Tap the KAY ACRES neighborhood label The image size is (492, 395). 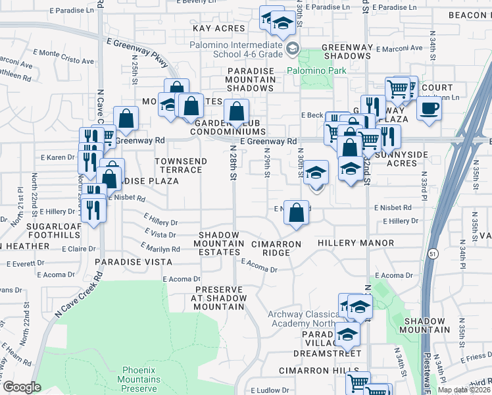pyautogui.click(x=219, y=28)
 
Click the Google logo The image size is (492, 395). pyautogui.click(x=22, y=387)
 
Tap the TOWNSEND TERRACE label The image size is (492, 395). pyautogui.click(x=181, y=165)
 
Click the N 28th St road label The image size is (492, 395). pyautogui.click(x=233, y=168)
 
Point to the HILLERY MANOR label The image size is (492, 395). pyautogui.click(x=356, y=243)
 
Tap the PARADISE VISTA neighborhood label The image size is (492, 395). pyautogui.click(x=128, y=261)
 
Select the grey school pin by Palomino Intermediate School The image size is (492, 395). pyautogui.click(x=293, y=47)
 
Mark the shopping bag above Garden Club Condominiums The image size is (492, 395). pyautogui.click(x=236, y=111)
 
